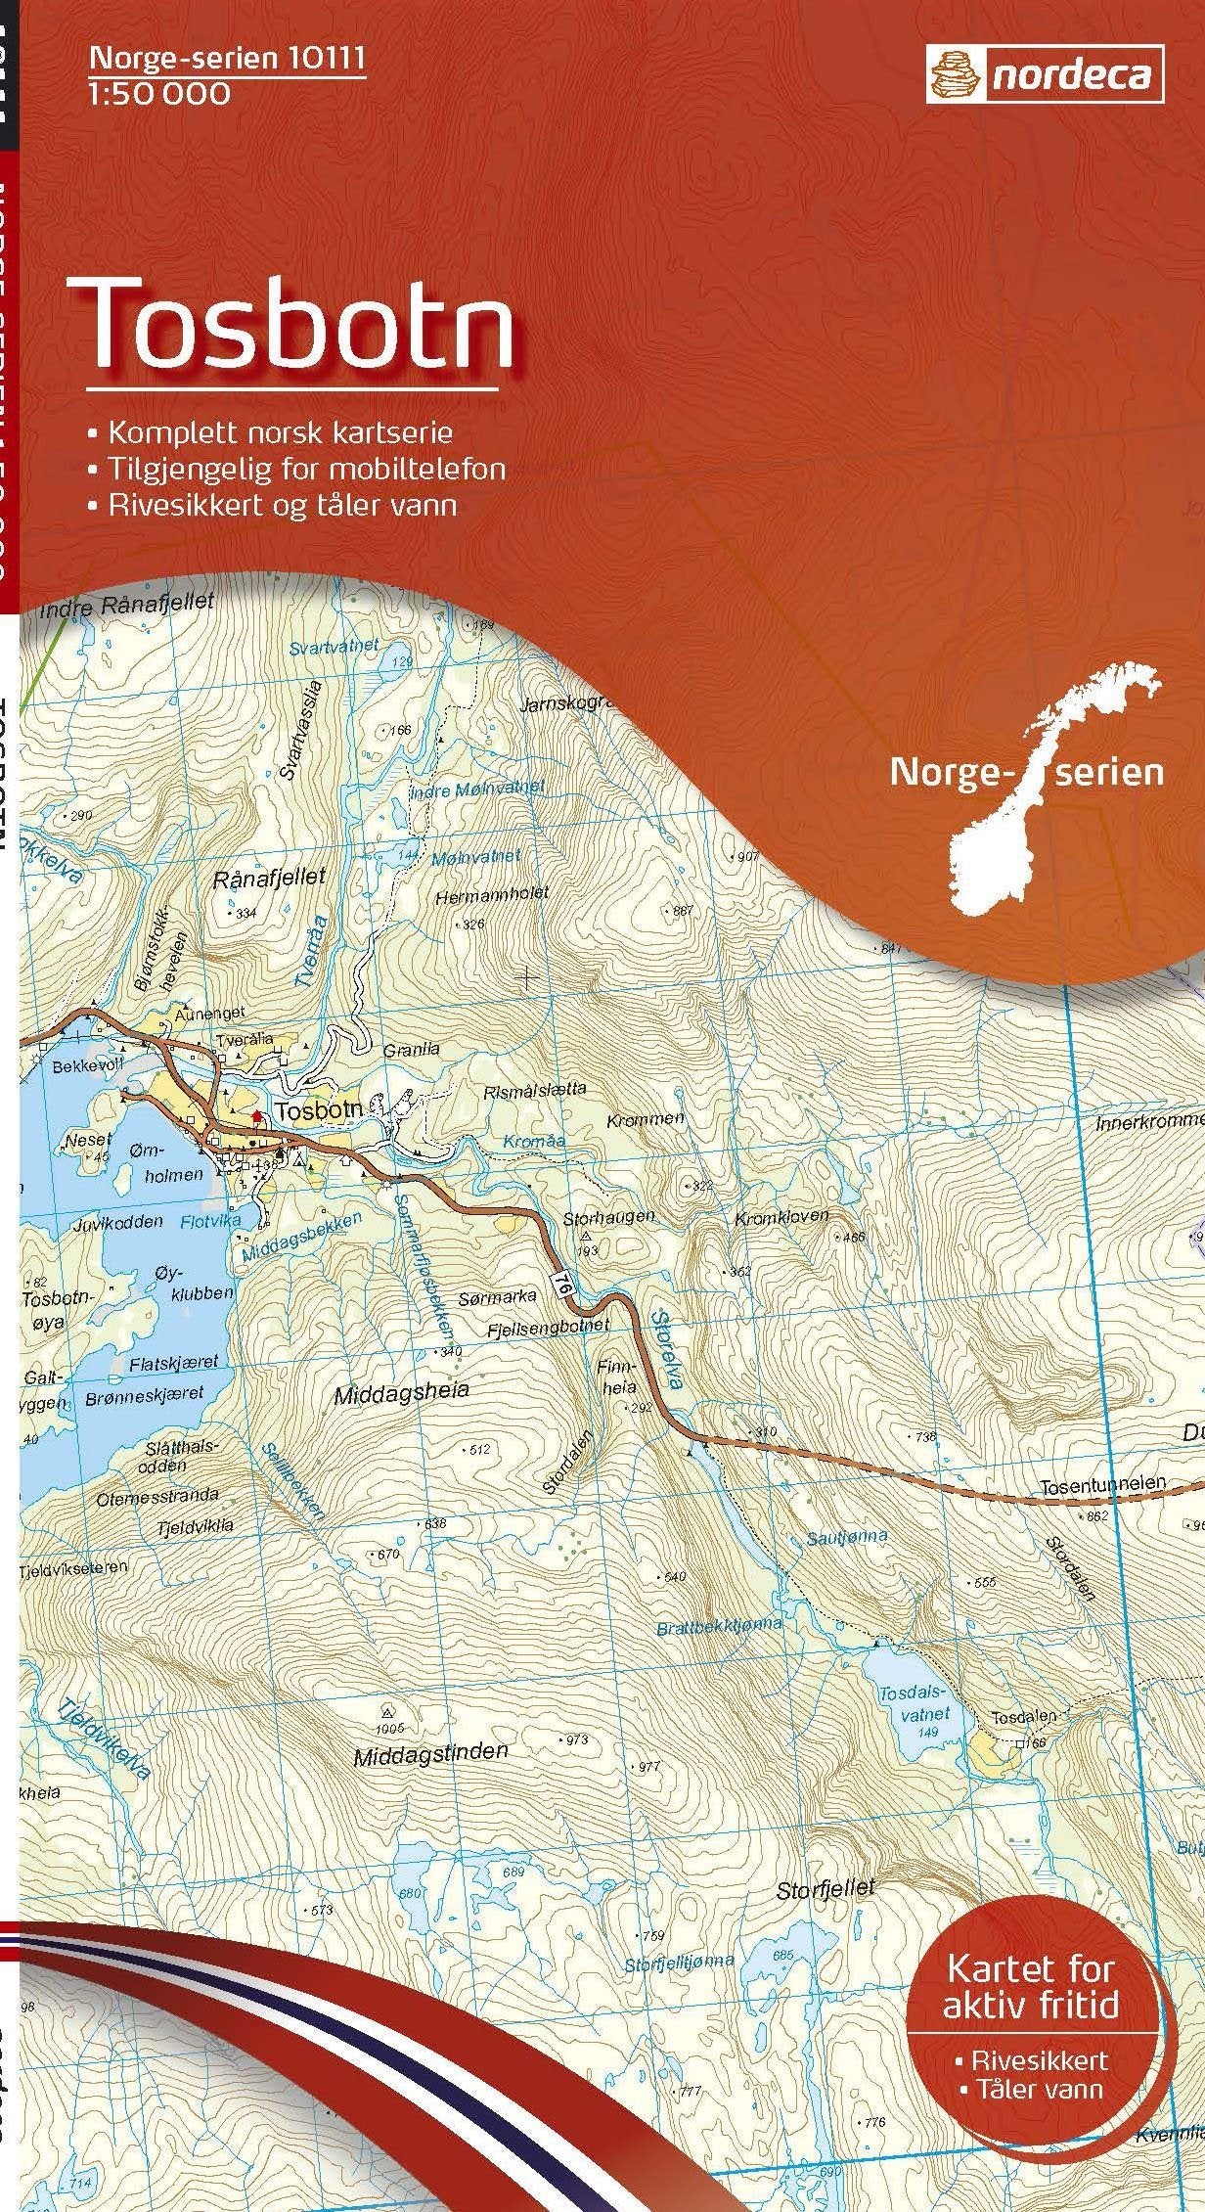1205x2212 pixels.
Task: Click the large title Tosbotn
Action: (301, 323)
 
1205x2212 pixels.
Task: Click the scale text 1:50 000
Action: (159, 94)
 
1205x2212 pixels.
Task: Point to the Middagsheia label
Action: (402, 1390)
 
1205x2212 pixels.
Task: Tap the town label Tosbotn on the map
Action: (318, 1110)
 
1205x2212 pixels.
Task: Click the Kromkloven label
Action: (781, 1218)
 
